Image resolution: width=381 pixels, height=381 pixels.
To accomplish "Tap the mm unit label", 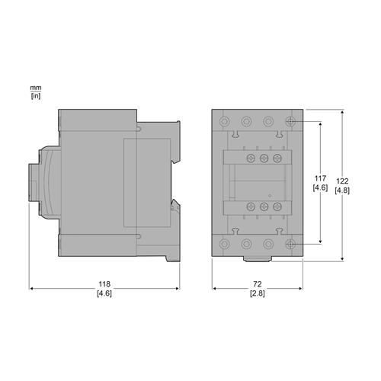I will [x=35, y=88].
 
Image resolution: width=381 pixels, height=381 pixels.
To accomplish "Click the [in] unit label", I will [x=35, y=96].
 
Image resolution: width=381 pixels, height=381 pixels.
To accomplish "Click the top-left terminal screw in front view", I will [x=225, y=121].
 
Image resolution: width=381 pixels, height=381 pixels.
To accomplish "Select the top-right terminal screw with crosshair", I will [x=290, y=121].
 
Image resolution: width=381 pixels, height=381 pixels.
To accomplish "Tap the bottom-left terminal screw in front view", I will [x=225, y=245].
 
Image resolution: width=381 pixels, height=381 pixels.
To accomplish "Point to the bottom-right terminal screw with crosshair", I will [x=290, y=245].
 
